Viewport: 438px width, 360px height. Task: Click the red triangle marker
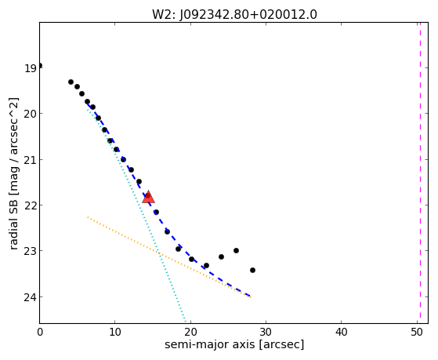(148, 197)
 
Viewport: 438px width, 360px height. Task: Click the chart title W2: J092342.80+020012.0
(234, 14)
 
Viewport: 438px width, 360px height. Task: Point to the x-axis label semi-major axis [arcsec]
(234, 344)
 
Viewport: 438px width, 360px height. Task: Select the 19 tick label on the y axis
(31, 68)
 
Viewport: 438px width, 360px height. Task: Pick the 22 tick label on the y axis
(31, 205)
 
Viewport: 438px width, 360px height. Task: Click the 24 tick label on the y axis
(31, 297)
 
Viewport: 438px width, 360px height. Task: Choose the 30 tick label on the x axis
(266, 333)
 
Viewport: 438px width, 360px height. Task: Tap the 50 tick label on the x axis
(417, 333)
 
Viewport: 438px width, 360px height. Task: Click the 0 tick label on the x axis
(40, 333)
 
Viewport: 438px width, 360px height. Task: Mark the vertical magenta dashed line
(420, 173)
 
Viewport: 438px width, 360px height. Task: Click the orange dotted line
(168, 257)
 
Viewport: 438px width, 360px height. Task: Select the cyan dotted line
(136, 215)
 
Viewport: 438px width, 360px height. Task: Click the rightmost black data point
(252, 271)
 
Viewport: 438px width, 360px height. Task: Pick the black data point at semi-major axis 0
(40, 66)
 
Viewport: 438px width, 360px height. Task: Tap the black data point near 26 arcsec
(236, 251)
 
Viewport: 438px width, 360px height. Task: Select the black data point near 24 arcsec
(221, 256)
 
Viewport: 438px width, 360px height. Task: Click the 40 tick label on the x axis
(341, 333)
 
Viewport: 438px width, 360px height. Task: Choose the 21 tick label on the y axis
(31, 160)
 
